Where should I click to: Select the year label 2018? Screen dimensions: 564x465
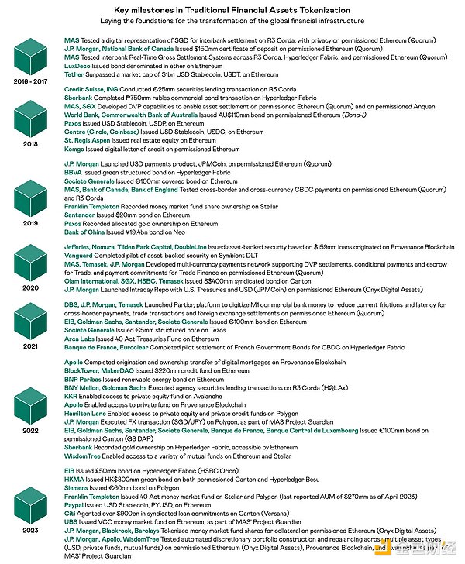click(32, 144)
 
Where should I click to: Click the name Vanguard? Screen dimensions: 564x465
click(79, 256)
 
